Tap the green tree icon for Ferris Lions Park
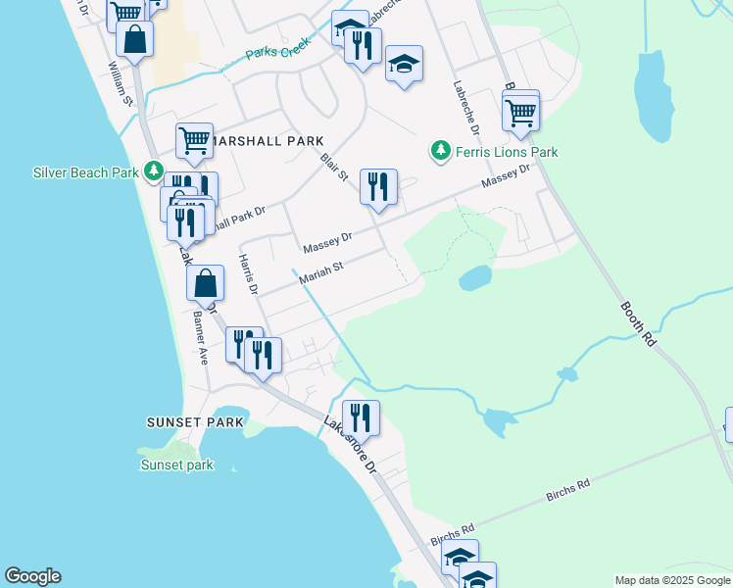(441, 152)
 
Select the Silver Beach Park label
(85, 172)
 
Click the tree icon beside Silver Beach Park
(153, 171)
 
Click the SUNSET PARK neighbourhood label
(194, 422)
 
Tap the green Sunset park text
(176, 465)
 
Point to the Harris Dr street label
(247, 274)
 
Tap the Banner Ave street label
(199, 338)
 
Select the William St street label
(120, 83)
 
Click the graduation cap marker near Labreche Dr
(404, 65)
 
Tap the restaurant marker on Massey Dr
(378, 186)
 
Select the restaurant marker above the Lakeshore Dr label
(361, 416)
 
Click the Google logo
(32, 576)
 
